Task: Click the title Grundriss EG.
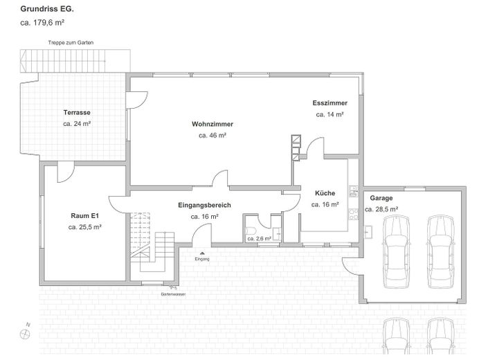[47, 9]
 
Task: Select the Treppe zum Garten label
[71, 43]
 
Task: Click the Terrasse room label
[77, 112]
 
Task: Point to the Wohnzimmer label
[213, 124]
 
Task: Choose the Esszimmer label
[329, 102]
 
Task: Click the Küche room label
[325, 193]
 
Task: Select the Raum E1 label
[85, 215]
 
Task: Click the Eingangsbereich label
[204, 205]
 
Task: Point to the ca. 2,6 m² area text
[260, 239]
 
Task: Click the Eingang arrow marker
[201, 253]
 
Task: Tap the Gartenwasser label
[172, 294]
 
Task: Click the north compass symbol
[26, 333]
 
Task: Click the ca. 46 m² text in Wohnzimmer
[213, 136]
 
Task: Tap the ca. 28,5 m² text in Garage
[381, 208]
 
